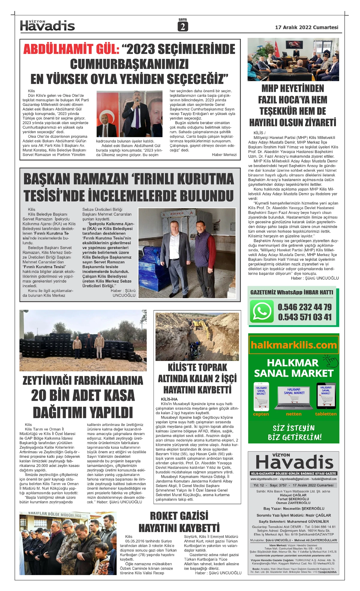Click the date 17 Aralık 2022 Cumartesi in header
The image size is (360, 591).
307,27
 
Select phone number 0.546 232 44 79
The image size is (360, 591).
304,307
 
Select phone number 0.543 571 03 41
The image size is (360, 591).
304,317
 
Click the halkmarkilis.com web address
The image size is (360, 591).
294,345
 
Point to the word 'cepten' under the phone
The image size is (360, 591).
261,414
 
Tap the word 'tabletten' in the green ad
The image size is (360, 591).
326,414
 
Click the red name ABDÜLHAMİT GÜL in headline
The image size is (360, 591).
71,49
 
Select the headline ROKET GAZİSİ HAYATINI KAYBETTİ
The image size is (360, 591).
179,522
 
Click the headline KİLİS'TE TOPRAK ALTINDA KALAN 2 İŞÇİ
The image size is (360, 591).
197,373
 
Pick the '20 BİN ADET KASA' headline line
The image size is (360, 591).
83,396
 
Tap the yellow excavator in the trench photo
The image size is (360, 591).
199,325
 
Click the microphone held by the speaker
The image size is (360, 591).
138,102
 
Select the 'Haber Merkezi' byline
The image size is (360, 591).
224,155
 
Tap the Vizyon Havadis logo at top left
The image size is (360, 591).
47,26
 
